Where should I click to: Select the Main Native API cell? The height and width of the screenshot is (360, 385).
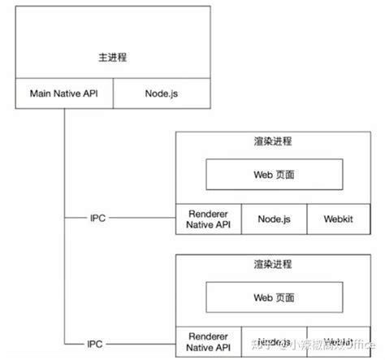pos(64,93)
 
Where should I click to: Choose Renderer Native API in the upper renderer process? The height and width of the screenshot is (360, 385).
pos(209,219)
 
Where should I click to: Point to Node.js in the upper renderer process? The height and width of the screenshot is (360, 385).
pos(274,219)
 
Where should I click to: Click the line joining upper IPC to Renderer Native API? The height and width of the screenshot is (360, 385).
pos(142,219)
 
